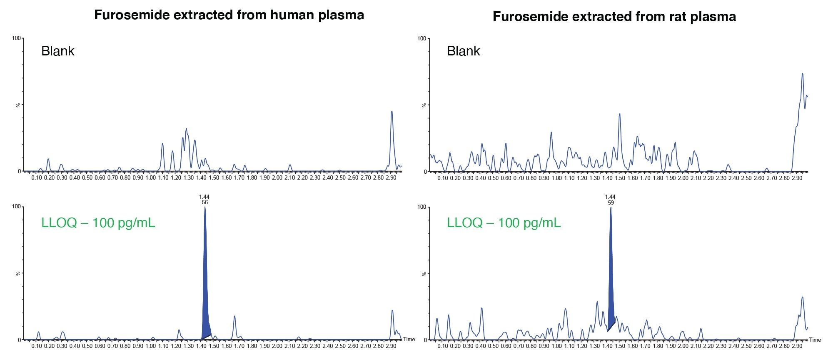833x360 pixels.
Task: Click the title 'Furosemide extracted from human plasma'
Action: click(x=229, y=15)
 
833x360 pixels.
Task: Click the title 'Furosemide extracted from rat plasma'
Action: click(x=614, y=17)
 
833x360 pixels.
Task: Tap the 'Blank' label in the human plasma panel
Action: click(x=57, y=51)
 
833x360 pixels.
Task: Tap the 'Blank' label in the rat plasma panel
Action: click(x=463, y=51)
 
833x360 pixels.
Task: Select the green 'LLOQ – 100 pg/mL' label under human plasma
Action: click(x=98, y=223)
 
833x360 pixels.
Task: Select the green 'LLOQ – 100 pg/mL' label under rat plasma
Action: click(x=504, y=223)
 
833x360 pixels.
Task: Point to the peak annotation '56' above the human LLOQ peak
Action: click(x=205, y=202)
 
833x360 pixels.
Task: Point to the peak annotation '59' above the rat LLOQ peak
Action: click(x=610, y=203)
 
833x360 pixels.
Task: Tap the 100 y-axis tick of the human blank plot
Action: click(x=16, y=38)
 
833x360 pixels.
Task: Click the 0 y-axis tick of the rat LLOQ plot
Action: click(x=424, y=340)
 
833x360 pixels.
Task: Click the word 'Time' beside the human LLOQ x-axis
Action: click(x=409, y=340)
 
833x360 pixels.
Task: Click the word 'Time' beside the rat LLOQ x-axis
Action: click(x=815, y=340)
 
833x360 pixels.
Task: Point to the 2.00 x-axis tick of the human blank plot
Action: click(x=277, y=178)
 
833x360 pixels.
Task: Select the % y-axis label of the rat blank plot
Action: click(x=424, y=105)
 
